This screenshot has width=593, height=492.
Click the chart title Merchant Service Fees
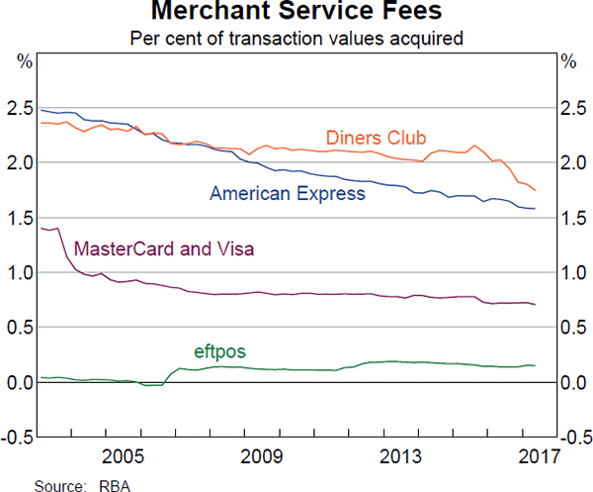click(296, 13)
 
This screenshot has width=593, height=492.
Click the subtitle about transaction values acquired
click(296, 39)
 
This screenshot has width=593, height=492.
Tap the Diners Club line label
click(376, 137)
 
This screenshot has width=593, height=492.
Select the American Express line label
click(287, 194)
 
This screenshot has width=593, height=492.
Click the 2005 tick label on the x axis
click(124, 457)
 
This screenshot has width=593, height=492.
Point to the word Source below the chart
click(58, 484)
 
